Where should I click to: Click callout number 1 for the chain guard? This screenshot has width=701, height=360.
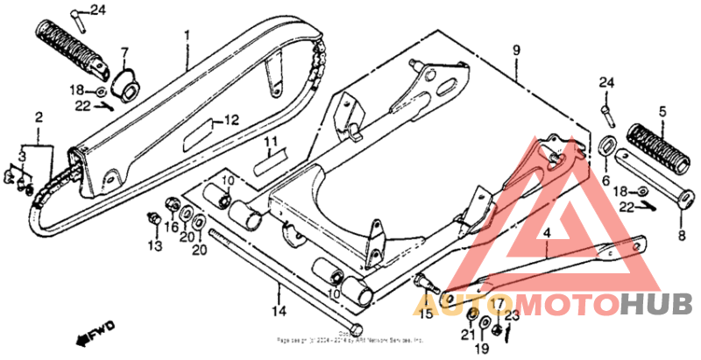pyautogui.click(x=187, y=36)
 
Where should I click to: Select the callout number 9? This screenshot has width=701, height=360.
pyautogui.click(x=516, y=51)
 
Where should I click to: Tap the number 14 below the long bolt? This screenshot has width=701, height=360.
pyautogui.click(x=279, y=310)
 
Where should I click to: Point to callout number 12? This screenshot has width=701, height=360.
pyautogui.click(x=231, y=120)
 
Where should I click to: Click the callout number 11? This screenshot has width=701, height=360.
pyautogui.click(x=272, y=142)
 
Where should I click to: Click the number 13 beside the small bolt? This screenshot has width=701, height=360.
pyautogui.click(x=155, y=247)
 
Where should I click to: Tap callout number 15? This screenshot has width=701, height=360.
pyautogui.click(x=426, y=313)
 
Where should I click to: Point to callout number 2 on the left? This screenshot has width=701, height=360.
pyautogui.click(x=39, y=116)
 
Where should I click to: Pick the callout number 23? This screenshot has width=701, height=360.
pyautogui.click(x=513, y=314)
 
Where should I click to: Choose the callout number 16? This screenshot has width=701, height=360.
pyautogui.click(x=172, y=226)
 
